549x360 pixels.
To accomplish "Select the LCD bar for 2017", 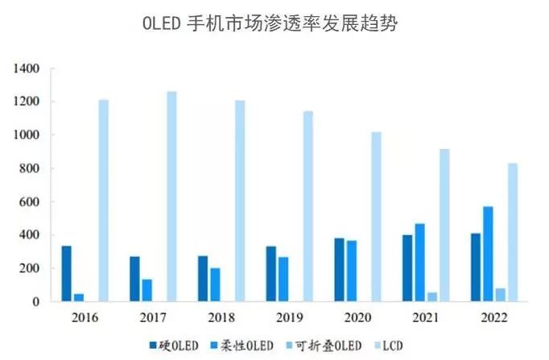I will coord(171,197).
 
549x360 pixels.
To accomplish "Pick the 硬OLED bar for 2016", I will coord(66,274).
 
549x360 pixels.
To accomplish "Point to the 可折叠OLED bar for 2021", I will coord(432,296).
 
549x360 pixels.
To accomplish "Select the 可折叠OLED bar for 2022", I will coord(500,295).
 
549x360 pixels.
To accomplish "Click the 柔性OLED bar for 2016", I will coord(79,297).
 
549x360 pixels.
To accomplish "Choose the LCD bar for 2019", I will coord(308,206).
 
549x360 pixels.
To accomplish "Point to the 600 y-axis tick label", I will coord(30,202).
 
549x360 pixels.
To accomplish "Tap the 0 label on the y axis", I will coord(36,302).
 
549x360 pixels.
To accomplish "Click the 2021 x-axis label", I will coord(426,318).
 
